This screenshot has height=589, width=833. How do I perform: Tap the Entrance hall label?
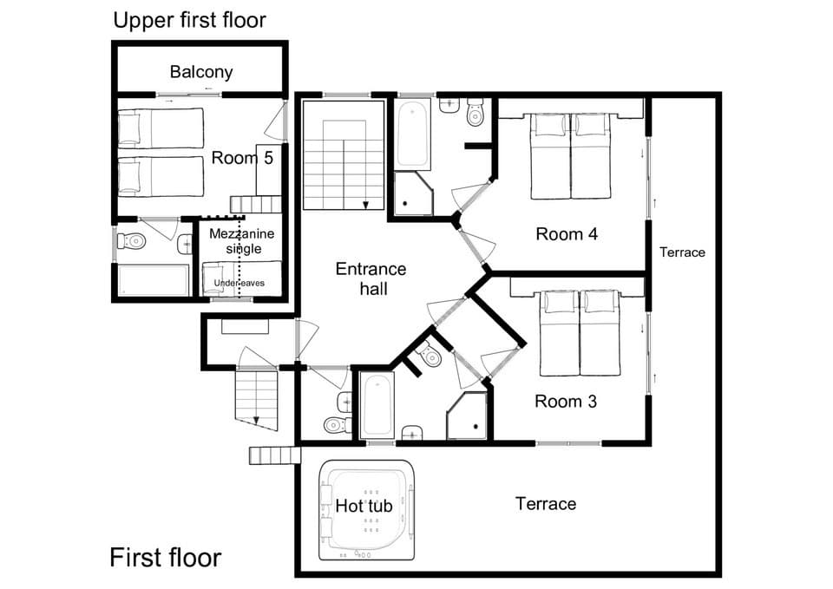click(x=371, y=278)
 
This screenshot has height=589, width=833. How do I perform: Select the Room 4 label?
click(x=567, y=233)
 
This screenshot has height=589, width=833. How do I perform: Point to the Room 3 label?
click(x=566, y=401)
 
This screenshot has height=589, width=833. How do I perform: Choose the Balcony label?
click(x=201, y=71)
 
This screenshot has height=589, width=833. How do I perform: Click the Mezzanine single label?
click(x=237, y=241)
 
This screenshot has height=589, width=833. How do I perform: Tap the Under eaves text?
click(x=239, y=283)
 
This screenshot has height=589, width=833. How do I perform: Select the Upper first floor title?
click(x=189, y=19)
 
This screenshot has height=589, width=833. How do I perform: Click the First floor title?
click(x=165, y=557)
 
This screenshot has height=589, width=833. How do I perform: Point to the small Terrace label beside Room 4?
click(x=682, y=252)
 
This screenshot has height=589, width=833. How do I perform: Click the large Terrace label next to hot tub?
click(x=545, y=503)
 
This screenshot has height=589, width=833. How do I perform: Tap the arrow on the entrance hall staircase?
click(x=366, y=205)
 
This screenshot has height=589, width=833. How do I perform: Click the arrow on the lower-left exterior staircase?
click(x=258, y=422)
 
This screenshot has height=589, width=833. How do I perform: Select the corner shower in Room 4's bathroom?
click(x=410, y=193)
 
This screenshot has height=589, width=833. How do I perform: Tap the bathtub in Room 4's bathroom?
click(x=412, y=134)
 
